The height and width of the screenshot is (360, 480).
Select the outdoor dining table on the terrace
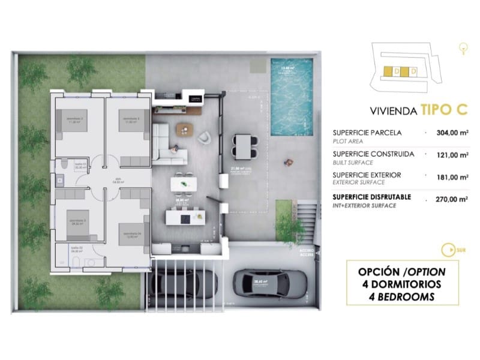[244, 144]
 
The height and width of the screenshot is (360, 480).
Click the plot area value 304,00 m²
[451, 134]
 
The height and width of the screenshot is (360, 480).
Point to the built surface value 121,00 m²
[451, 155]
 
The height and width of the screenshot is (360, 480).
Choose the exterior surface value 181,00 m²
[451, 176]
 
